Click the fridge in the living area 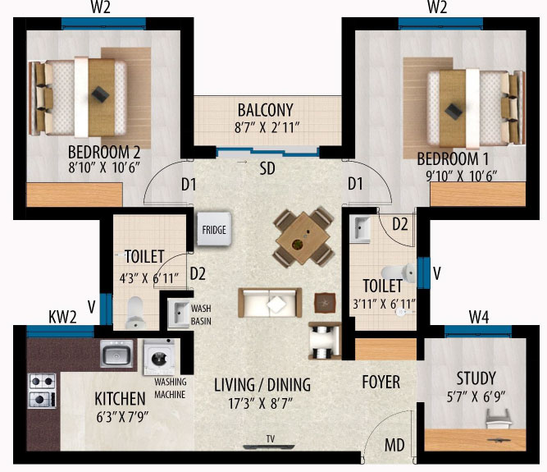coord(214,229)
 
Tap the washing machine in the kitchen coord(159,357)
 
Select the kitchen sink coord(116,353)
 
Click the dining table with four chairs coord(303,237)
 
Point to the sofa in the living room coord(270,302)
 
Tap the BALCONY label coord(265,110)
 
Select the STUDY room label coord(476,378)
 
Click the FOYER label coord(381,382)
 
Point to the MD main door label coord(394,445)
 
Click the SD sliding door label coord(267,168)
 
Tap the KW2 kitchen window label coord(62,317)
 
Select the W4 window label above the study coord(479,317)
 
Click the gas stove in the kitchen coord(42,391)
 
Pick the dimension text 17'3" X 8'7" coord(261,404)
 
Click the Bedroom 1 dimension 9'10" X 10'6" coord(461,176)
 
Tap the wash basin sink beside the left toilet coord(179,313)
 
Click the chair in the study coord(499,419)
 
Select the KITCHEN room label coord(120,399)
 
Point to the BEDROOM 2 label coord(104,152)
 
